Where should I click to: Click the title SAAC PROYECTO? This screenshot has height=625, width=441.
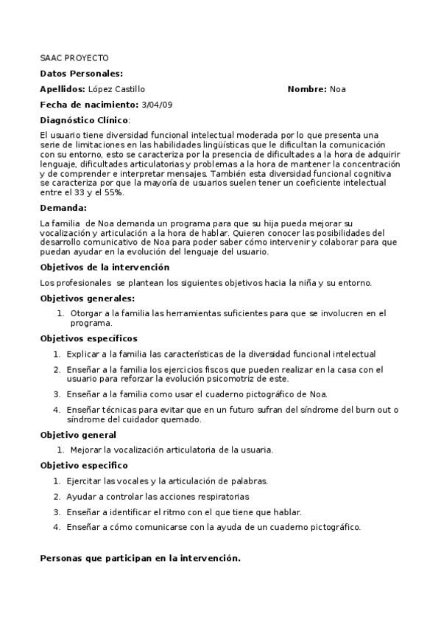pyautogui.click(x=74, y=57)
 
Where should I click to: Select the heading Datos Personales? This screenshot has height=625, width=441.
pyautogui.click(x=81, y=73)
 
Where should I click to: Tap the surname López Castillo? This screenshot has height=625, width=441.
pyautogui.click(x=116, y=89)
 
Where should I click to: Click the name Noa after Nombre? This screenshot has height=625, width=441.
pyautogui.click(x=338, y=89)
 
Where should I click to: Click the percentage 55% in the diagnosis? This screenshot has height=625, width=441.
pyautogui.click(x=113, y=192)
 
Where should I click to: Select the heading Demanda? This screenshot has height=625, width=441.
pyautogui.click(x=63, y=208)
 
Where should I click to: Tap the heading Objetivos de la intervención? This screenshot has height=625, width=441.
pyautogui.click(x=105, y=267)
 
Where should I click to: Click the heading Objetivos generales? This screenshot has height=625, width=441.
pyautogui.click(x=87, y=298)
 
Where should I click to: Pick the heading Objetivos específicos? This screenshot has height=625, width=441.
pyautogui.click(x=88, y=338)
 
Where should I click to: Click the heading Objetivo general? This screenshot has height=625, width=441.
pyautogui.click(x=77, y=435)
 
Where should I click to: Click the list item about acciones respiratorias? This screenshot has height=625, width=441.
pyautogui.click(x=158, y=496)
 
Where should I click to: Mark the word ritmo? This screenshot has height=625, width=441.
pyautogui.click(x=175, y=511)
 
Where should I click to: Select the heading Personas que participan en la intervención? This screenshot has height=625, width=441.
pyautogui.click(x=140, y=558)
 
